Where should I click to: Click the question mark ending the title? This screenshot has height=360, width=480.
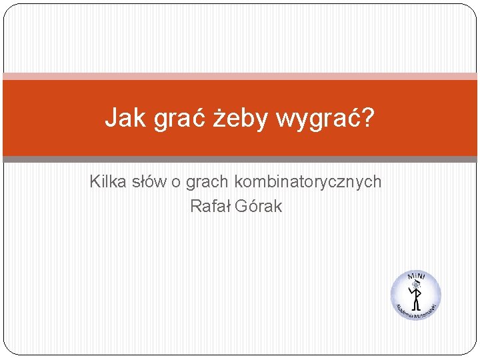pyautogui.click(x=367, y=119)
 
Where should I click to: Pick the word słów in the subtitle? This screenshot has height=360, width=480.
pyautogui.click(x=148, y=181)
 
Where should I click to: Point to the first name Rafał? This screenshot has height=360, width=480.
pyautogui.click(x=209, y=207)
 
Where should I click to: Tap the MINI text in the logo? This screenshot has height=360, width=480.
pyautogui.click(x=417, y=277)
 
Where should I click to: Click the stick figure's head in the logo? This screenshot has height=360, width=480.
pyautogui.click(x=415, y=285)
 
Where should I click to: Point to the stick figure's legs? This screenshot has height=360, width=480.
pyautogui.click(x=416, y=304)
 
